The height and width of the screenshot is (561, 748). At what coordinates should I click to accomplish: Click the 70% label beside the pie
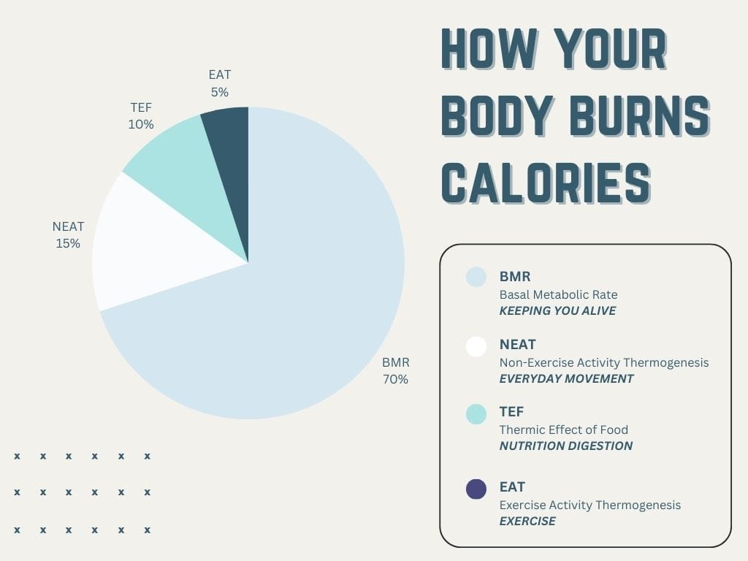pyautogui.click(x=395, y=379)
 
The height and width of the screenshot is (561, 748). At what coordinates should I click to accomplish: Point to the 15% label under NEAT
pyautogui.click(x=68, y=243)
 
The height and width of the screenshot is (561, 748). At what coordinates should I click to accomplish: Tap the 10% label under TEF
pyautogui.click(x=141, y=124)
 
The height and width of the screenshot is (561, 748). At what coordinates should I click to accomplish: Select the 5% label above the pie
pyautogui.click(x=219, y=92)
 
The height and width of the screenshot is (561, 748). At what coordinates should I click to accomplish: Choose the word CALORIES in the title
pyautogui.click(x=546, y=183)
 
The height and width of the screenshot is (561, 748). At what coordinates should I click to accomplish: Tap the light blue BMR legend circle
pyautogui.click(x=476, y=277)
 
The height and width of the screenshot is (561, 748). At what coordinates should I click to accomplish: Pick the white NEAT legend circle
pyautogui.click(x=476, y=346)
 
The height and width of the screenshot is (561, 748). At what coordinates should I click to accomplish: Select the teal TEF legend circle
pyautogui.click(x=476, y=413)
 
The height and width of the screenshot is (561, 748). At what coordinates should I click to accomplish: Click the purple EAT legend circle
pyautogui.click(x=476, y=489)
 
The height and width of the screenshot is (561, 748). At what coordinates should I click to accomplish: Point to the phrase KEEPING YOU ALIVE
pyautogui.click(x=557, y=311)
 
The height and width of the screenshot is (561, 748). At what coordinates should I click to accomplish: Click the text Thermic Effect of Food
pyautogui.click(x=563, y=430)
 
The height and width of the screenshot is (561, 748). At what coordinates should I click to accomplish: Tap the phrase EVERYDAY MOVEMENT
pyautogui.click(x=566, y=379)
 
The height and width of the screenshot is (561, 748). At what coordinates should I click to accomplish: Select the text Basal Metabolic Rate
pyautogui.click(x=558, y=295)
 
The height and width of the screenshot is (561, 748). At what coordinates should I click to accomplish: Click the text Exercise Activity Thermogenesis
pyautogui.click(x=589, y=505)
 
